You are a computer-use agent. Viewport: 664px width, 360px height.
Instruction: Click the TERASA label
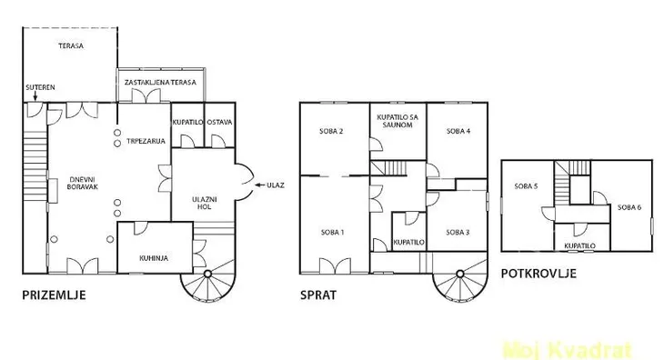coord(71,45)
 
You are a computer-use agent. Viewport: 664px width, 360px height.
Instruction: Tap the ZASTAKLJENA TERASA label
coord(160,82)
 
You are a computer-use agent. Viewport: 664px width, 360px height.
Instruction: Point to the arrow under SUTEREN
coord(35,96)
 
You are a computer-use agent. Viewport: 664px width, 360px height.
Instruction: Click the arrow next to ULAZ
coord(259,185)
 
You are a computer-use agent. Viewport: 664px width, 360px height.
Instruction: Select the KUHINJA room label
coord(154,258)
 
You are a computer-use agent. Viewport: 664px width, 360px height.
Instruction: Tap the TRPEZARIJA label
coord(146,141)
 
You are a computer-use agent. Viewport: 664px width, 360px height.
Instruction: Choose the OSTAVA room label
coord(219,122)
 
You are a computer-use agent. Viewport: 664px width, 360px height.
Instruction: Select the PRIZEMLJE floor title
coord(54,295)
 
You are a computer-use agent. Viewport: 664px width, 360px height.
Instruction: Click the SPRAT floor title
coord(318,295)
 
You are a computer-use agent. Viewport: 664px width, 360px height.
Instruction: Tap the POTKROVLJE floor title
coord(538,274)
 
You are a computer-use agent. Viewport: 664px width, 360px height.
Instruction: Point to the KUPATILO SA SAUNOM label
coord(397,121)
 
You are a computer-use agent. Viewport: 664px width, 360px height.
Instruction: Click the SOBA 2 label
coord(331,131)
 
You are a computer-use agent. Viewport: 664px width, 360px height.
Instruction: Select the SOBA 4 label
coord(458,131)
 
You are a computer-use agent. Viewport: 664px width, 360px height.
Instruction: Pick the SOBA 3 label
coord(458,232)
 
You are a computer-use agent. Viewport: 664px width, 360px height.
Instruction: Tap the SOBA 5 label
coord(526,186)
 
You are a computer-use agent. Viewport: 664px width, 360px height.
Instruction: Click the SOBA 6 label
coord(629,207)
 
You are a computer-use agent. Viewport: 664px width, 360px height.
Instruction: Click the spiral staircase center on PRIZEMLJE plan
coord(207,275)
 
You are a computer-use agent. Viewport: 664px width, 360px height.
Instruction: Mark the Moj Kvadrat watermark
coord(568,350)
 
